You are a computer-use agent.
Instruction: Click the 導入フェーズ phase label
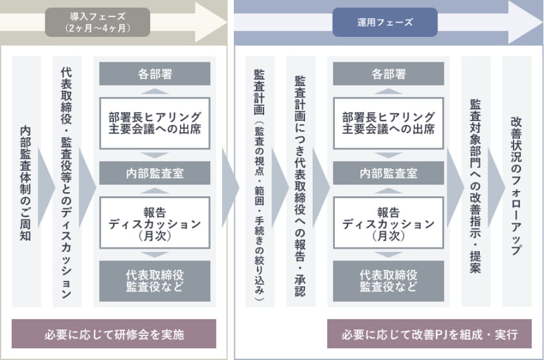pos(98,22)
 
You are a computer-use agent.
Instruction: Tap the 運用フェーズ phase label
pos(385,22)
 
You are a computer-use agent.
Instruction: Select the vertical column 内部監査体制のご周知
pos(27,182)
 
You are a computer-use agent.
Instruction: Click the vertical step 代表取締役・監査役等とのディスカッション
pos(67,182)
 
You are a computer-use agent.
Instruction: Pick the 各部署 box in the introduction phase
pos(155,74)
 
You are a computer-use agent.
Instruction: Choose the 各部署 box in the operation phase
pos(388,74)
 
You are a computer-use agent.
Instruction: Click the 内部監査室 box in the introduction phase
pos(155,173)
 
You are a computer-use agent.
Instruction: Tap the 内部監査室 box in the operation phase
pos(388,173)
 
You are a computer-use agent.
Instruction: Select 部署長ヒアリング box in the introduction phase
pos(155,123)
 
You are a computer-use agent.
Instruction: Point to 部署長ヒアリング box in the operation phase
pos(388,123)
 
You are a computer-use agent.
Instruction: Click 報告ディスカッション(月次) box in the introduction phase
pos(155,223)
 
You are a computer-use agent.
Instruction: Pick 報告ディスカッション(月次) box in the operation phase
pos(388,223)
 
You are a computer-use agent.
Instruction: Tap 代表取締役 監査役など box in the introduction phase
pos(155,281)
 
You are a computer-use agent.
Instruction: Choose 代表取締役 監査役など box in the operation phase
pos(388,281)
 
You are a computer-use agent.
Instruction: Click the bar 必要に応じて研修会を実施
pos(114,334)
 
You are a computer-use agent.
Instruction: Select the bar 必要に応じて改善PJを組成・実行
pos(429,334)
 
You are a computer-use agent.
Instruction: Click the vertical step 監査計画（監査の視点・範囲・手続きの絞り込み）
pos(260,182)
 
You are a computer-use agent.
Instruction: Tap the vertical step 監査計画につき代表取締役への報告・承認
pos(300,182)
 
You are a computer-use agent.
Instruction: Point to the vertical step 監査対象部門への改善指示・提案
pos(475,182)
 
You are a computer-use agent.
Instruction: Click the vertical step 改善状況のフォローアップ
pos(517,182)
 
